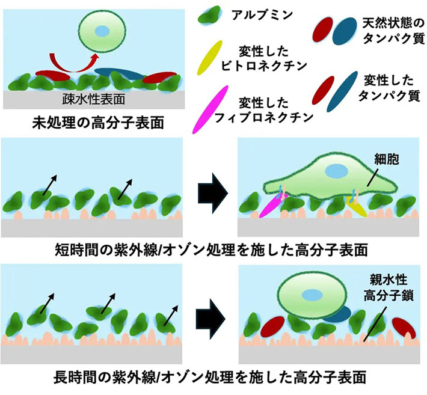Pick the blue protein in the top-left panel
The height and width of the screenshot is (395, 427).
coord(120,73)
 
